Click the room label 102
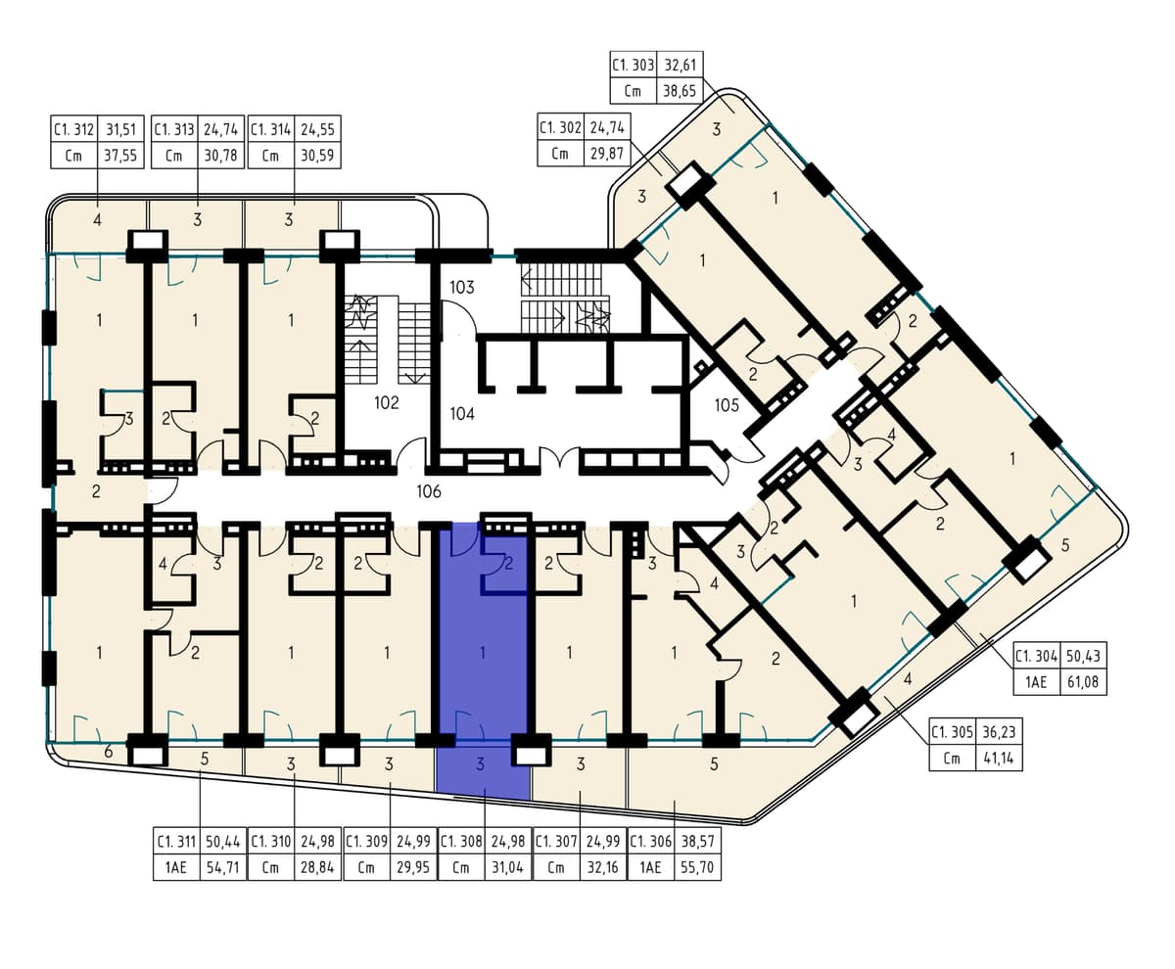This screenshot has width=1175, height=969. click(x=387, y=402)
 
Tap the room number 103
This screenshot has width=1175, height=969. click(x=462, y=287)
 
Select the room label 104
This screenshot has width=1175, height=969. click(x=462, y=414)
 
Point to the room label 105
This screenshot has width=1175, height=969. click(x=727, y=404)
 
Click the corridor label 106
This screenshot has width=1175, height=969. click(x=429, y=491)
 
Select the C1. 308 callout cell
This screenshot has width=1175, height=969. click(x=461, y=841)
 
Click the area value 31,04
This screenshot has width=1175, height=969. click(x=507, y=867)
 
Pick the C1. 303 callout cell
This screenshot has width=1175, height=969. click(x=634, y=65)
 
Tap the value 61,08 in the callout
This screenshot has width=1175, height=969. click(x=1083, y=682)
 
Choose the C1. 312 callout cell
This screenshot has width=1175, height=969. click(x=73, y=129)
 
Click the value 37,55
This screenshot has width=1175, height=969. click(x=120, y=156)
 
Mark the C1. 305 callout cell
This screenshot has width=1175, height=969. click(x=952, y=732)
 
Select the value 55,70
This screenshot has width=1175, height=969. click(x=697, y=867)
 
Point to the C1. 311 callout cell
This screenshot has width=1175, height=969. click(x=176, y=841)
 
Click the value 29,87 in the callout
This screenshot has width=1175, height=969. click(x=607, y=153)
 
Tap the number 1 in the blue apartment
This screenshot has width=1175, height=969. click(x=483, y=653)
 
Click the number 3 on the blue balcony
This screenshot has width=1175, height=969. click(x=480, y=763)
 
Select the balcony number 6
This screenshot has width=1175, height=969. click(x=109, y=752)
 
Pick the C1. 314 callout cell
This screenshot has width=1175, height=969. click(x=270, y=129)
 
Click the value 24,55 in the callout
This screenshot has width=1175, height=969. click(x=317, y=129)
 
